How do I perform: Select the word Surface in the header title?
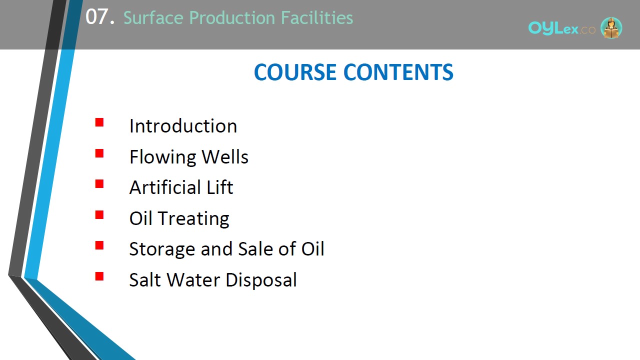pyautogui.click(x=153, y=17)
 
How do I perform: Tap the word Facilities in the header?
pyautogui.click(x=317, y=17)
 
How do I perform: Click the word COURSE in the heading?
pyautogui.click(x=295, y=72)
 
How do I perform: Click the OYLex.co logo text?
pyautogui.click(x=562, y=28)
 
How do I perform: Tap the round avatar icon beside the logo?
pyautogui.click(x=611, y=27)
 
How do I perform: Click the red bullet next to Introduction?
pyautogui.click(x=99, y=122)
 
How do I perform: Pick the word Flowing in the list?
pyautogui.click(x=162, y=157)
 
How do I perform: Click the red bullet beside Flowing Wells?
pyautogui.click(x=99, y=153)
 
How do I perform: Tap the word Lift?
pyautogui.click(x=220, y=187)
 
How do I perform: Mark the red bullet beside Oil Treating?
pyautogui.click(x=99, y=215)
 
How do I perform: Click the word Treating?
pyautogui.click(x=193, y=219)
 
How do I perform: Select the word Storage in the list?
pyautogui.click(x=162, y=249)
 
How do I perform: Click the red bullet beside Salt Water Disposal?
pyautogui.click(x=99, y=276)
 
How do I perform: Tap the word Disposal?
pyautogui.click(x=261, y=280)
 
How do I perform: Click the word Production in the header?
pyautogui.click(x=232, y=17)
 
